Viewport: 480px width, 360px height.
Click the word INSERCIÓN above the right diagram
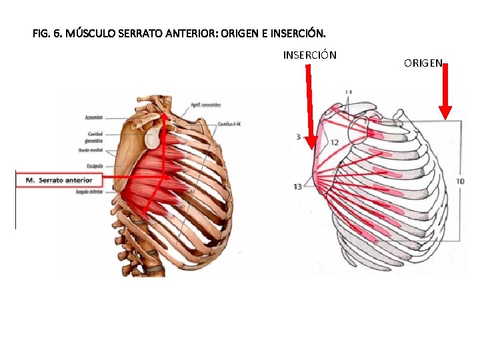(309, 55)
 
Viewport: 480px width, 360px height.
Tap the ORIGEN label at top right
(423, 63)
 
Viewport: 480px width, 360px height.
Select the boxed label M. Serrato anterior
(59, 180)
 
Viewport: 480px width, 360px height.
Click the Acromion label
(93, 117)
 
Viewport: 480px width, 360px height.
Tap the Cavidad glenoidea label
(93, 138)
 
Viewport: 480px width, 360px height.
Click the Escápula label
(94, 165)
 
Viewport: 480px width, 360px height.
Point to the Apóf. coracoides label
(206, 105)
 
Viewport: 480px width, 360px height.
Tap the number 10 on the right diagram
(460, 181)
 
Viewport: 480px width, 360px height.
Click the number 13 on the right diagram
(297, 186)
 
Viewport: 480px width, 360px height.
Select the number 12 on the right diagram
(335, 143)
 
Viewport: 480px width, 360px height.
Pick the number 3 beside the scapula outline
(297, 137)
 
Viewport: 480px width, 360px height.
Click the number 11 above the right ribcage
(349, 92)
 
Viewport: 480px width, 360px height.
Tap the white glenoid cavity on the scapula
(153, 138)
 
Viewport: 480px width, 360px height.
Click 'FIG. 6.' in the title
(46, 32)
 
